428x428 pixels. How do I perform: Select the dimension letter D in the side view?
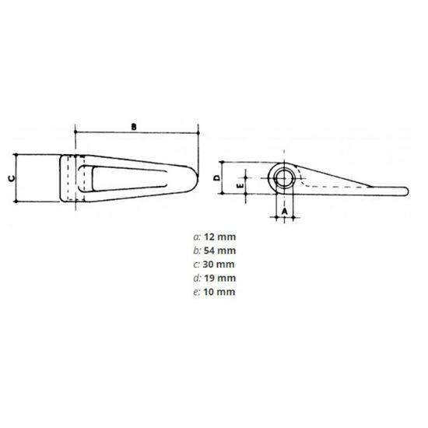[217, 178]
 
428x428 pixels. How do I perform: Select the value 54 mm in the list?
[220, 250]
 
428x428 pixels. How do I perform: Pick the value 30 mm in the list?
[220, 264]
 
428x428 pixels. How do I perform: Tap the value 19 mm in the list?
[220, 278]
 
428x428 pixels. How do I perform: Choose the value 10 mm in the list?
[220, 292]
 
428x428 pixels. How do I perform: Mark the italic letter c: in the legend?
[196, 264]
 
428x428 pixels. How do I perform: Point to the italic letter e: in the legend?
[196, 292]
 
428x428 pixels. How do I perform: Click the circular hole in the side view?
[284, 178]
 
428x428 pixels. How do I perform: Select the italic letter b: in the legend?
[196, 250]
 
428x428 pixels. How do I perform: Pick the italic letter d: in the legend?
[196, 278]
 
